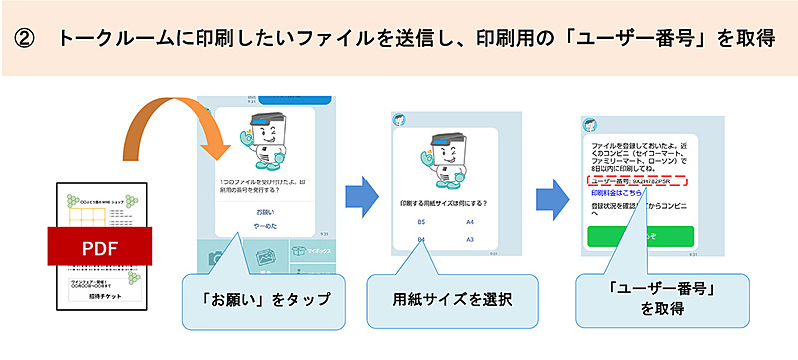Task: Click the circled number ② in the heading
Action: click(26, 39)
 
